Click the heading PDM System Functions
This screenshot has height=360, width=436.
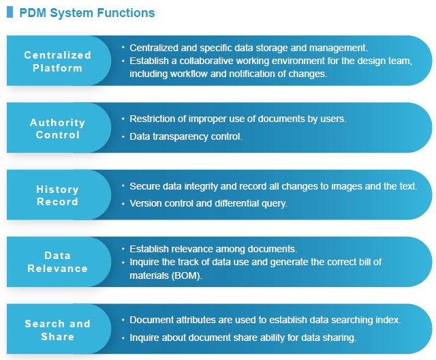87,13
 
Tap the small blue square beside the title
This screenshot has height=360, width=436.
10,12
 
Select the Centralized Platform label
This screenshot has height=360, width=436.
57,61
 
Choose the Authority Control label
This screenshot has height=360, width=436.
57,129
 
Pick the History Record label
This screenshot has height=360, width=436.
57,195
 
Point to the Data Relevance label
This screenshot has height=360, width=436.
57,262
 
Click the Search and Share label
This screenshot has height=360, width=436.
57,330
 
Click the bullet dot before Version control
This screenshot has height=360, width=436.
123,204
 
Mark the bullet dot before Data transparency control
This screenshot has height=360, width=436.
123,136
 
